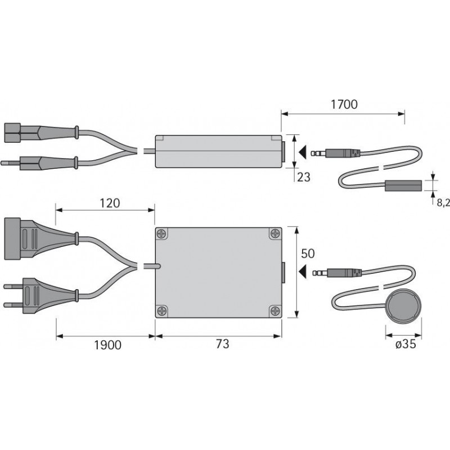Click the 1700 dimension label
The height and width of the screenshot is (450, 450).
pos(344,105)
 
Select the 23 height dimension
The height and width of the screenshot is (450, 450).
pos(304,177)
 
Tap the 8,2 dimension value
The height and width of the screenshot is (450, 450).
pos(443,203)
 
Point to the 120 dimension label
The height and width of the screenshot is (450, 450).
pos(110,203)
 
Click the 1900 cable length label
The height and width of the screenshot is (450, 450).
pos(107,345)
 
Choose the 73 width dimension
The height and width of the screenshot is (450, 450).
pos(222,344)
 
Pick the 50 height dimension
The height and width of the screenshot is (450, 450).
pos(308,254)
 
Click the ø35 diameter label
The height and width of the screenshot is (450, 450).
pos(406,344)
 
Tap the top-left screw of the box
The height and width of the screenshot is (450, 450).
pos(162,233)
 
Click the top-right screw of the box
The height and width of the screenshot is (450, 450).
pos(275,233)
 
